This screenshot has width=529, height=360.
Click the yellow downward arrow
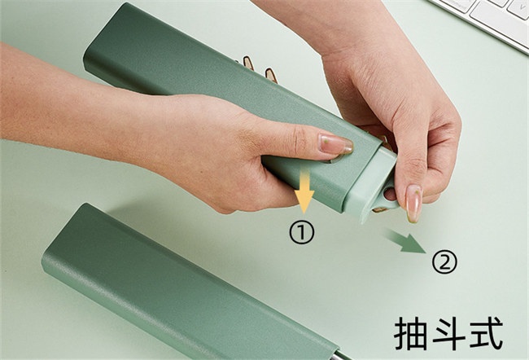304,191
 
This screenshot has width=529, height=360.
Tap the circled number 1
302,233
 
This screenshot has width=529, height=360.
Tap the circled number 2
444,263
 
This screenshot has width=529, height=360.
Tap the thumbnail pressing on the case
335,144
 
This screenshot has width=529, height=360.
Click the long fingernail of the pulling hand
413,203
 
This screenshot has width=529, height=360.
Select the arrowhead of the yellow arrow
304,202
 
